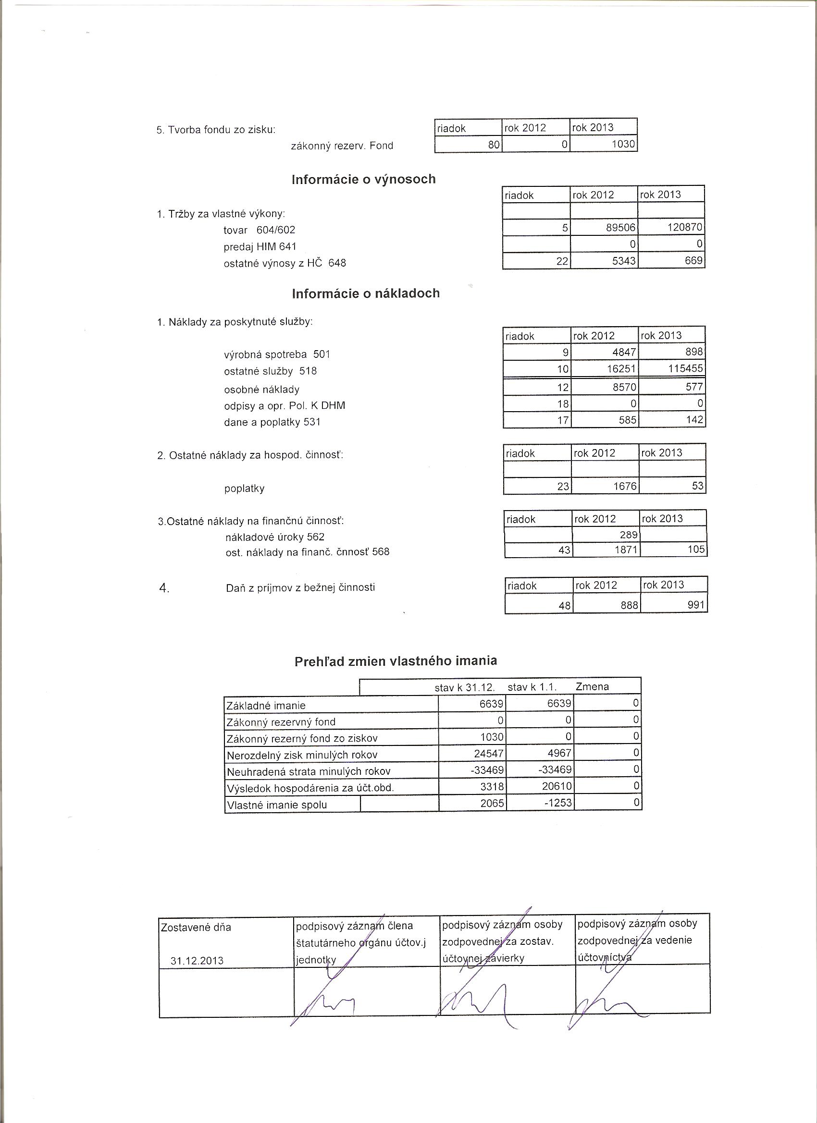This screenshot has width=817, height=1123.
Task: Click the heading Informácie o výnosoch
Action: [x=364, y=179]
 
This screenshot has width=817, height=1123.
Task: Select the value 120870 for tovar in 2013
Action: [x=685, y=228]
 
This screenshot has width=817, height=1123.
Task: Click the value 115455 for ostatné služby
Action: [x=686, y=369]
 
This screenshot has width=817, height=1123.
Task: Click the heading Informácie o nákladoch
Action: [x=366, y=293]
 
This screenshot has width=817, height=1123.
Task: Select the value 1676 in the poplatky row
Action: [x=625, y=486]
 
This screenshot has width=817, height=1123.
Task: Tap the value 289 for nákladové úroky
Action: [x=628, y=535]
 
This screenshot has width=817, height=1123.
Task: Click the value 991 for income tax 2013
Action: [x=696, y=605]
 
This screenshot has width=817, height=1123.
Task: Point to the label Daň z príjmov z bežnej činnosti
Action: [x=300, y=588]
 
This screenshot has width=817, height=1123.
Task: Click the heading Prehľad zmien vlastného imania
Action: [x=396, y=661]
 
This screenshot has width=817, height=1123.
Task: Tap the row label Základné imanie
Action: [x=266, y=706]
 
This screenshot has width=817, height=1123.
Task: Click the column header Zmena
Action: [x=592, y=687]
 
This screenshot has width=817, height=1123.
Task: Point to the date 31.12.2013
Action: [x=197, y=961]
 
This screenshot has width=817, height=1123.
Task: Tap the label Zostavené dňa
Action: [x=196, y=928]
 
